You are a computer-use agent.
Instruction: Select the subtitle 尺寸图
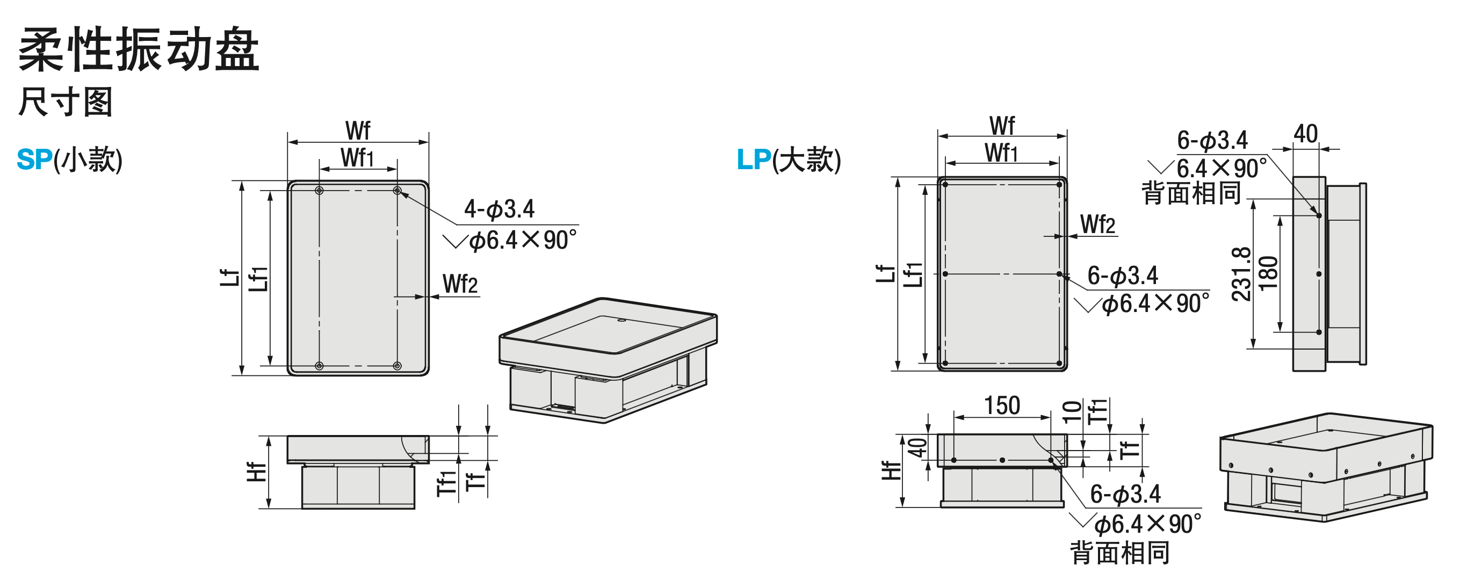pos(66,102)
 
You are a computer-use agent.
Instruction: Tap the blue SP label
pos(34,159)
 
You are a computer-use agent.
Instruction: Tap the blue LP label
pos(754,159)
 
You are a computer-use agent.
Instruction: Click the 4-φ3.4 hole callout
pos(500,209)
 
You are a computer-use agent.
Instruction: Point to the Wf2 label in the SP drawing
pos(460,284)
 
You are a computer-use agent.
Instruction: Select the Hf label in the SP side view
pos(257,472)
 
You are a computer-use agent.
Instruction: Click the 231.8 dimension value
pos(1241,273)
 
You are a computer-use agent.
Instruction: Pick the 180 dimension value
pos(1268,273)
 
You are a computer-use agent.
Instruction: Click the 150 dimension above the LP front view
pos(1002,405)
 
